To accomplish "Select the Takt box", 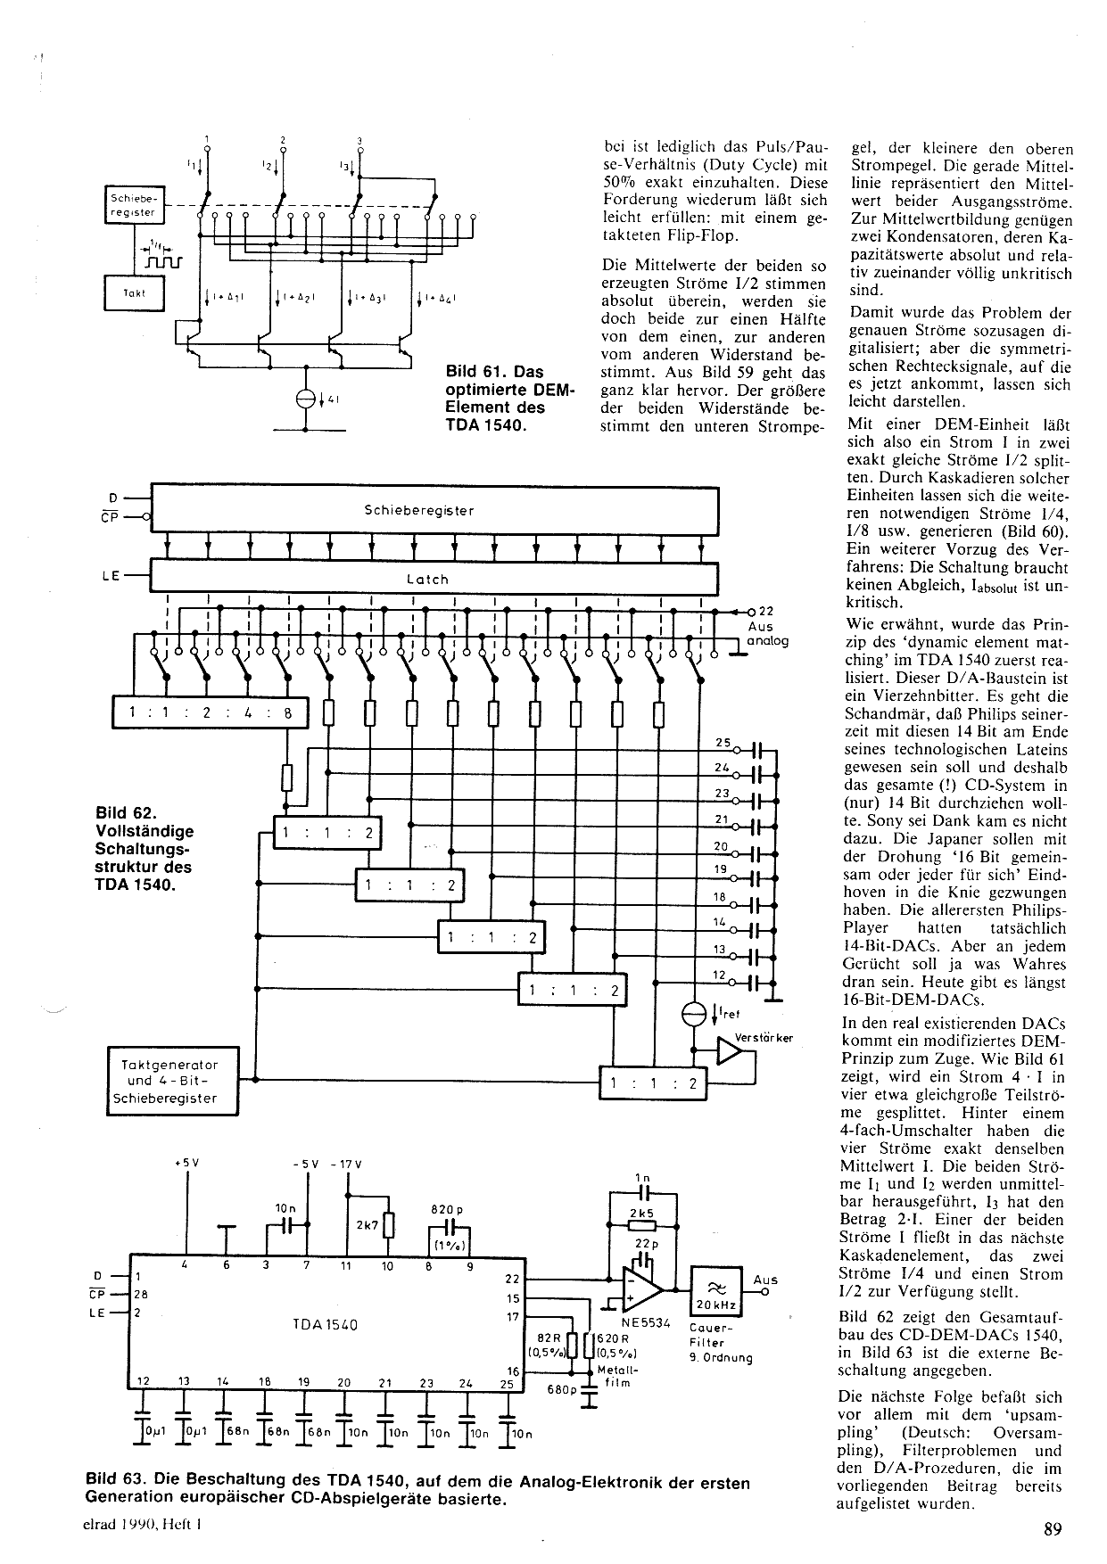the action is pos(134,292).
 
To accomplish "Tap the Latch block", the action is pos(434,578).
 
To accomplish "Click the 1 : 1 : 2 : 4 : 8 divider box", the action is pos(210,712).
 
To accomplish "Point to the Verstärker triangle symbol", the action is pos(730,1052).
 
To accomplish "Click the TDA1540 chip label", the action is pos(325,1325).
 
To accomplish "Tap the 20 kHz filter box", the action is pos(715,1290).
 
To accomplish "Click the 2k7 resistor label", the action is pos(367,1225).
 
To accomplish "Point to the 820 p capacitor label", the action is pos(448,1210).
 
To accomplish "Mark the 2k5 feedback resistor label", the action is pos(641,1214).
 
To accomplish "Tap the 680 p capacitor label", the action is pos(562,1389).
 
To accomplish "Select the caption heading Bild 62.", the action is pos(125,813).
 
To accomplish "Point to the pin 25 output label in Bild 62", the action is pos(723,743).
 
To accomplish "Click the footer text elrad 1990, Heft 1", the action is pos(144,1526).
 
